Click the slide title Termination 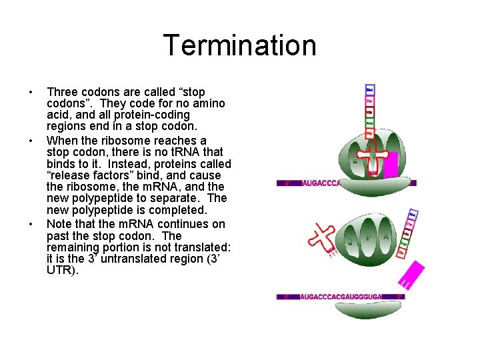pyautogui.click(x=239, y=46)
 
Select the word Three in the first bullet pyautogui.click(x=61, y=92)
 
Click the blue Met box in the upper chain pyautogui.click(x=370, y=89)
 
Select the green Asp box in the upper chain pyautogui.click(x=370, y=123)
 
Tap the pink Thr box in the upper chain pyautogui.click(x=370, y=101)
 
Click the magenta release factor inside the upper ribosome pyautogui.click(x=390, y=165)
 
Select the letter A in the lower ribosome pyautogui.click(x=387, y=235)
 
